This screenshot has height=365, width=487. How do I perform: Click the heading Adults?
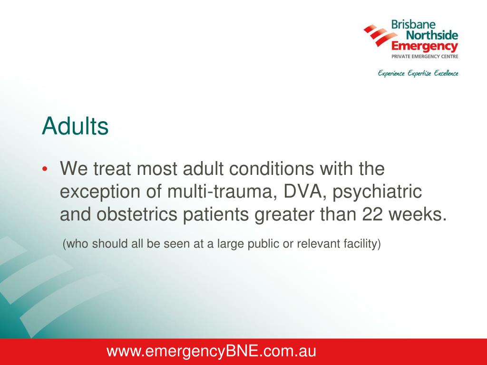point(75,126)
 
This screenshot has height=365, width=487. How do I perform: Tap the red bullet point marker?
point(45,169)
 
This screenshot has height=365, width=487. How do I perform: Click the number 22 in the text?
point(372,214)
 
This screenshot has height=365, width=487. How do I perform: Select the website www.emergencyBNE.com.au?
point(211,351)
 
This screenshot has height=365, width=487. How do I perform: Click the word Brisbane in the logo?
point(413,24)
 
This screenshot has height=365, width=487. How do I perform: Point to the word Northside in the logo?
point(432,35)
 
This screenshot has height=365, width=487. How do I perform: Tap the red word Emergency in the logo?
point(425,47)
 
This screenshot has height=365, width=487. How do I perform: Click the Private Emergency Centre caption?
point(425,57)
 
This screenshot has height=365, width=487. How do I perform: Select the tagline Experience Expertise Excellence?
point(418,74)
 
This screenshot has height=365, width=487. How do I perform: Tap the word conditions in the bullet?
point(272,169)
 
